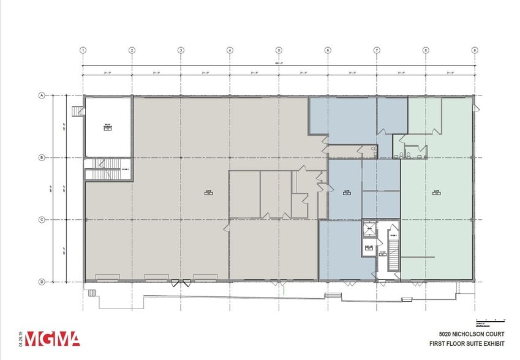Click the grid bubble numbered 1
[x=83, y=50]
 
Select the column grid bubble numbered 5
[x=279, y=50]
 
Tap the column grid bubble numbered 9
[x=475, y=50]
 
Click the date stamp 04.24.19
[x=21, y=339]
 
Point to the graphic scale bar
[x=490, y=321]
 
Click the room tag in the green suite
[x=437, y=191]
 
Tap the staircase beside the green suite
[x=393, y=251]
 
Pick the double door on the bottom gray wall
[x=181, y=283]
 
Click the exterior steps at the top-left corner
[x=77, y=111]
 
